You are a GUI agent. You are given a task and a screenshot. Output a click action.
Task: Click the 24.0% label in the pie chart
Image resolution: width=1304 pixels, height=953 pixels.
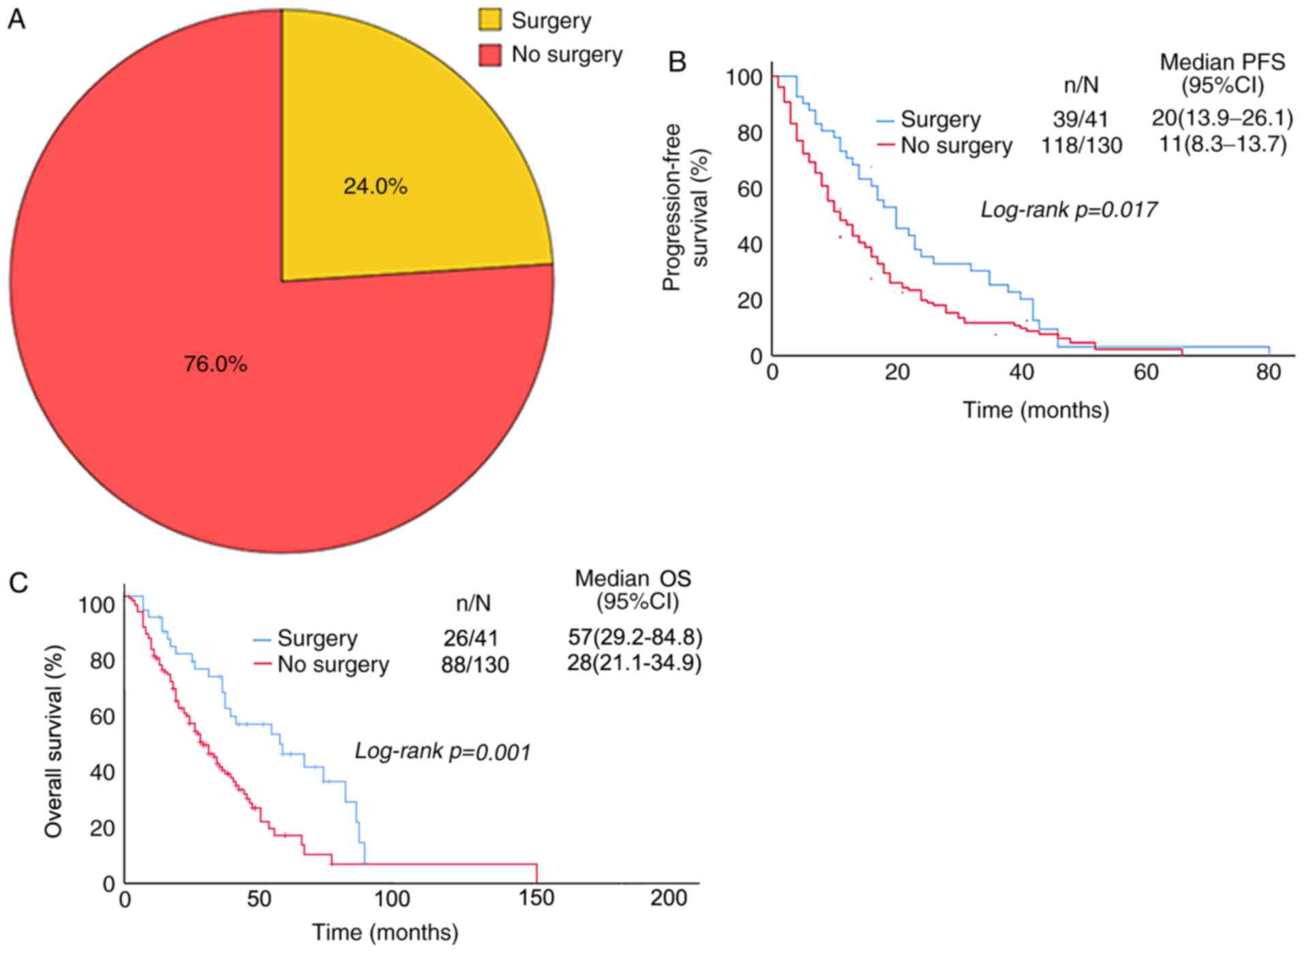pos(375,186)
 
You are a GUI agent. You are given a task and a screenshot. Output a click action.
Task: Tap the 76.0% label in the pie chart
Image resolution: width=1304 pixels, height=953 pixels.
pos(215,365)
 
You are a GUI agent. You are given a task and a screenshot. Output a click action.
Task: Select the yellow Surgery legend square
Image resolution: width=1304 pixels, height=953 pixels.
pos(490,20)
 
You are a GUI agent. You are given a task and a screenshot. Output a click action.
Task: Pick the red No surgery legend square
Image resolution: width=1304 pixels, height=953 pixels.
pos(490,55)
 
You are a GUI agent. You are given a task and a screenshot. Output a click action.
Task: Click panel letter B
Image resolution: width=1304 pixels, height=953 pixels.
pos(677,63)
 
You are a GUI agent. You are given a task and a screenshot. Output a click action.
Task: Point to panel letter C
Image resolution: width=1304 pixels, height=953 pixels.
pos(18,584)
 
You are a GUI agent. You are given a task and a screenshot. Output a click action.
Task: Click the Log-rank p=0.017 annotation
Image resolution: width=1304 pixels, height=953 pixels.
pos(1068,209)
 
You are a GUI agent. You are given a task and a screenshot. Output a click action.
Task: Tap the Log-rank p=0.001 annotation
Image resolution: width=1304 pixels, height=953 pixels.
pos(442,752)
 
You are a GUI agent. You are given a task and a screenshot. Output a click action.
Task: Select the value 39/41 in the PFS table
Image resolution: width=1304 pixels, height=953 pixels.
pos(1080,119)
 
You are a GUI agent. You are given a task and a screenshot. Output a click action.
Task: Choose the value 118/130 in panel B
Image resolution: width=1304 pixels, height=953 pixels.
pos(1081,145)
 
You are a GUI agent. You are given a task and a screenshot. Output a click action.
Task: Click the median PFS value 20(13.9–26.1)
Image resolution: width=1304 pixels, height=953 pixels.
pos(1222,119)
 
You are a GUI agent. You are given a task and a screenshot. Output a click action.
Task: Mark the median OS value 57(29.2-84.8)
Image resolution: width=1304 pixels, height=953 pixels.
pos(635,637)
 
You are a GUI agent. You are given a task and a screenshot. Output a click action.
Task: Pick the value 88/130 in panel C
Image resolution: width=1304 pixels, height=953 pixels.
pos(474,665)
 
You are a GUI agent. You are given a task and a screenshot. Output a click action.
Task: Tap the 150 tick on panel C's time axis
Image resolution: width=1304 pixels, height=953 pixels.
pos(536,898)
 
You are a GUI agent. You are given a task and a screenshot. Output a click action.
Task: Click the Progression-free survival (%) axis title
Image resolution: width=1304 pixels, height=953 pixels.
pos(686,207)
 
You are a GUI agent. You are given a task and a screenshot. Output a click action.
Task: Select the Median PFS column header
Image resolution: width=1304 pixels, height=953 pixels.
pos(1222,74)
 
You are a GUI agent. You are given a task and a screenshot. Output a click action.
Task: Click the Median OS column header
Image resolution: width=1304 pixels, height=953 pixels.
pos(633,590)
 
